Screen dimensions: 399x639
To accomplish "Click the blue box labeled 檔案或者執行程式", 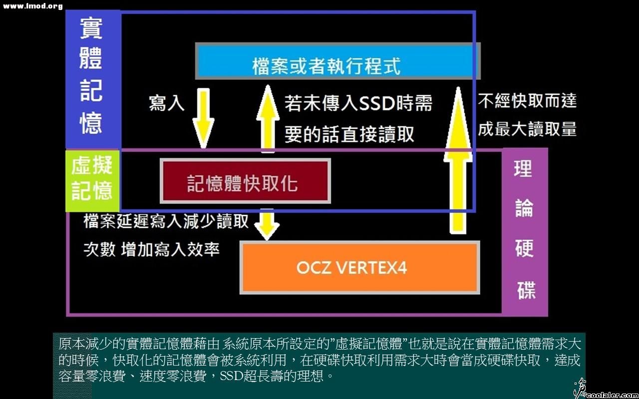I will click(337, 61).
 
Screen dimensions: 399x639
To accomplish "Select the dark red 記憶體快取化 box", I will click(245, 181).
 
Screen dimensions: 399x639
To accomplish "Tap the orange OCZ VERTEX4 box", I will click(359, 268).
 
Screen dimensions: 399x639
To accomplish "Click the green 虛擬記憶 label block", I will click(92, 180).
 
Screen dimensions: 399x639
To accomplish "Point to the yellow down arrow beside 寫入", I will click(203, 118).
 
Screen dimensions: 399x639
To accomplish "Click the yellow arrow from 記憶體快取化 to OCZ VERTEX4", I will click(268, 225).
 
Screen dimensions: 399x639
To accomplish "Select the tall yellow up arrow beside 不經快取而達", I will click(457, 160).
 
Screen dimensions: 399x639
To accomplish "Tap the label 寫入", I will click(166, 103).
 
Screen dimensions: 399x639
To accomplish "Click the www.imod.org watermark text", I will click(33, 6).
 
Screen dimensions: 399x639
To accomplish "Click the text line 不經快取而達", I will click(527, 101).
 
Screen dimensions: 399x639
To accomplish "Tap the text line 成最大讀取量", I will click(527, 129).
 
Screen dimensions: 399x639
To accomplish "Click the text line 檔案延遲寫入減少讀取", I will click(166, 220).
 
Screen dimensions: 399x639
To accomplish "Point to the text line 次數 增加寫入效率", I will click(151, 249).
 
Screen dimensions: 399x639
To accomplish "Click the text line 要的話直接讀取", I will click(349, 134).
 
